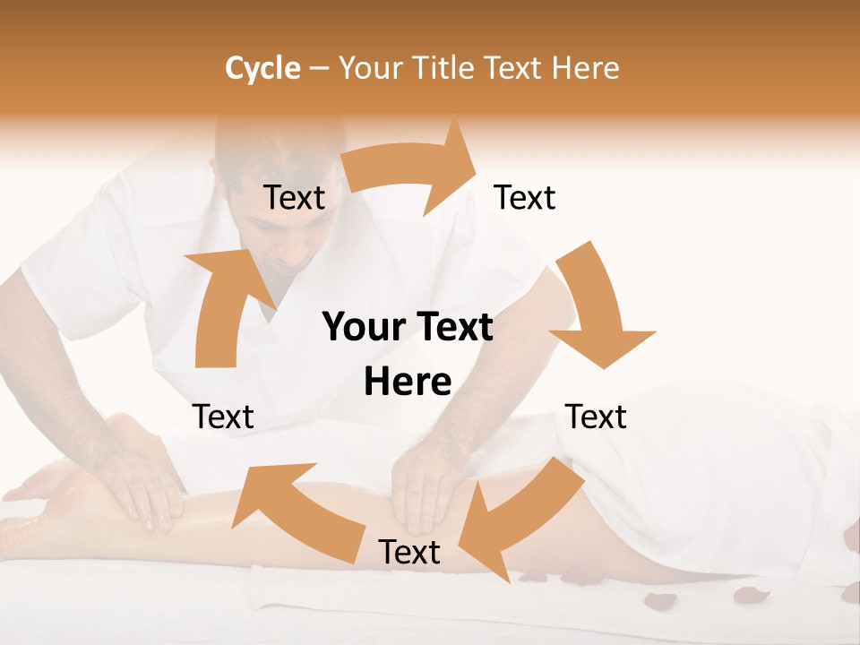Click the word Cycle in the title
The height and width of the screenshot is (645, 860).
[x=262, y=68]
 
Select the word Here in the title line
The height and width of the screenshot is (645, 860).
[x=583, y=68]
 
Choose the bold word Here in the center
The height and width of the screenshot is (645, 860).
[x=408, y=382]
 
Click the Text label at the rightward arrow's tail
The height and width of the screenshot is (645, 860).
[x=294, y=198]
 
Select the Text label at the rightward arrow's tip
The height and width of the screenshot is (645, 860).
[x=525, y=198]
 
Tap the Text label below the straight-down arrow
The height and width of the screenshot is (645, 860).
[x=596, y=417]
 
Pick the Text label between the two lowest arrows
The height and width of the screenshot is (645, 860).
[x=409, y=552]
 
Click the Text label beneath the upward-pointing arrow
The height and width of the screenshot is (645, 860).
[x=223, y=417]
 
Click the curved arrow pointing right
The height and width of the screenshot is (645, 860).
[x=412, y=170]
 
